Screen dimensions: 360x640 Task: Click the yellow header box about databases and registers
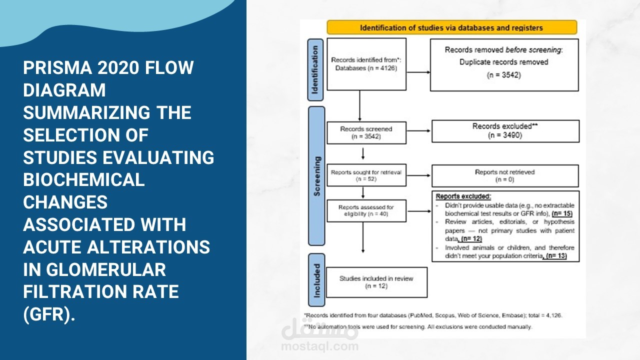point(451,27)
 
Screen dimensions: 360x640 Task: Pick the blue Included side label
point(316,281)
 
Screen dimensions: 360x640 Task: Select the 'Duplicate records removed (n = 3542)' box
point(504,63)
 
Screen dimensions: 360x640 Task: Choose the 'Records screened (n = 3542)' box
point(366,132)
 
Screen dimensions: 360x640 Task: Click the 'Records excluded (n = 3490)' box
point(505,130)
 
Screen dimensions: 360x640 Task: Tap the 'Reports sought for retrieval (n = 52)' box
point(366,175)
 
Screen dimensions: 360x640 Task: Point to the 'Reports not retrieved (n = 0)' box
point(504,175)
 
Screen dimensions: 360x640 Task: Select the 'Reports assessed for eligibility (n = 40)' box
point(366,210)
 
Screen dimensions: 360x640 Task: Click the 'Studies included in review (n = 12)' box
point(376,282)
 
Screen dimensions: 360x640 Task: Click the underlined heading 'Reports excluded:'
point(463,196)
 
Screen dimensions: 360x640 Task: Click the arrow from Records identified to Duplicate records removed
point(418,72)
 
